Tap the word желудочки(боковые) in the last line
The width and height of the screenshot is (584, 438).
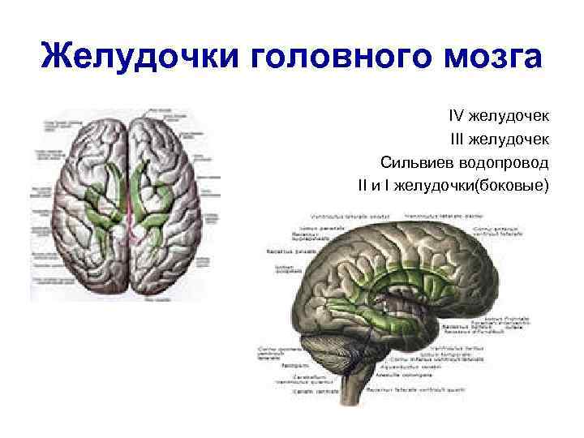coord(479,186)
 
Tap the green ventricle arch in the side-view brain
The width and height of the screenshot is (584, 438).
coord(381,272)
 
